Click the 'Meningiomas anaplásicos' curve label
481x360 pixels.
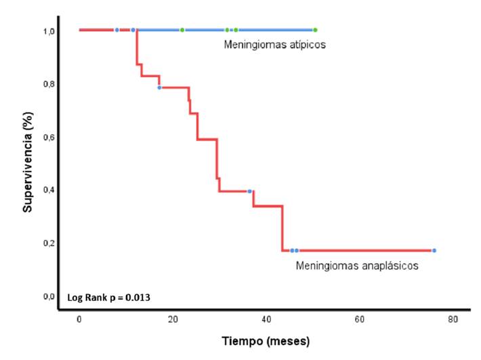(357, 266)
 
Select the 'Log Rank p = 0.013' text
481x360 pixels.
(108, 297)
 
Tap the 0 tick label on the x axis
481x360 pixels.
(79, 319)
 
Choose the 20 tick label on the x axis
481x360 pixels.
(173, 319)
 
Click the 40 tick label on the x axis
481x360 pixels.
(266, 319)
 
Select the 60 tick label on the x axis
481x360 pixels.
(360, 319)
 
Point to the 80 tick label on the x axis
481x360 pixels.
(453, 319)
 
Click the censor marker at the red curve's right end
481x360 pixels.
(434, 251)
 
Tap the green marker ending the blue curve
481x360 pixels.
(315, 30)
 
